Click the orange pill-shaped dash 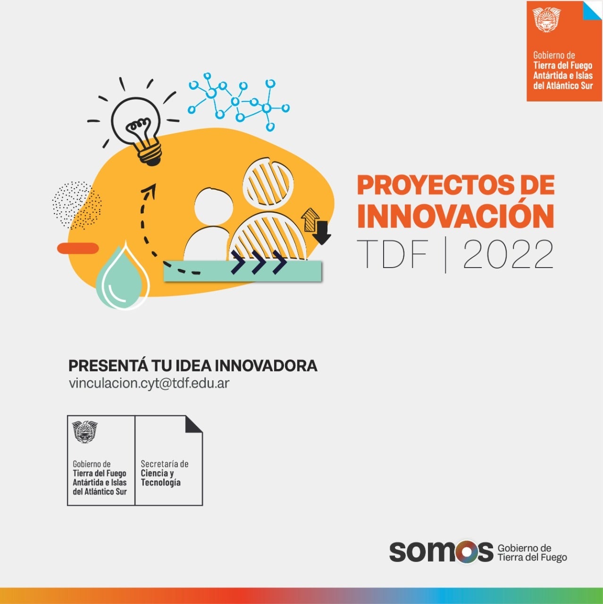pos(78,248)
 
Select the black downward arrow pos(321,233)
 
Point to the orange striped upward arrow pos(310,220)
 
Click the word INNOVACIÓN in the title pos(455,217)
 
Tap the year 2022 pos(508,254)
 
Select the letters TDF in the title pos(393,254)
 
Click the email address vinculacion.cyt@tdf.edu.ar pos(149,383)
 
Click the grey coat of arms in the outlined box pos(84,432)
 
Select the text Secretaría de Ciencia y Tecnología pos(164,473)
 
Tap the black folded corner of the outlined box pos(194,424)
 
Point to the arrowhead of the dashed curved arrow pos(150,189)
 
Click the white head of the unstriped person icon pos(214,206)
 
